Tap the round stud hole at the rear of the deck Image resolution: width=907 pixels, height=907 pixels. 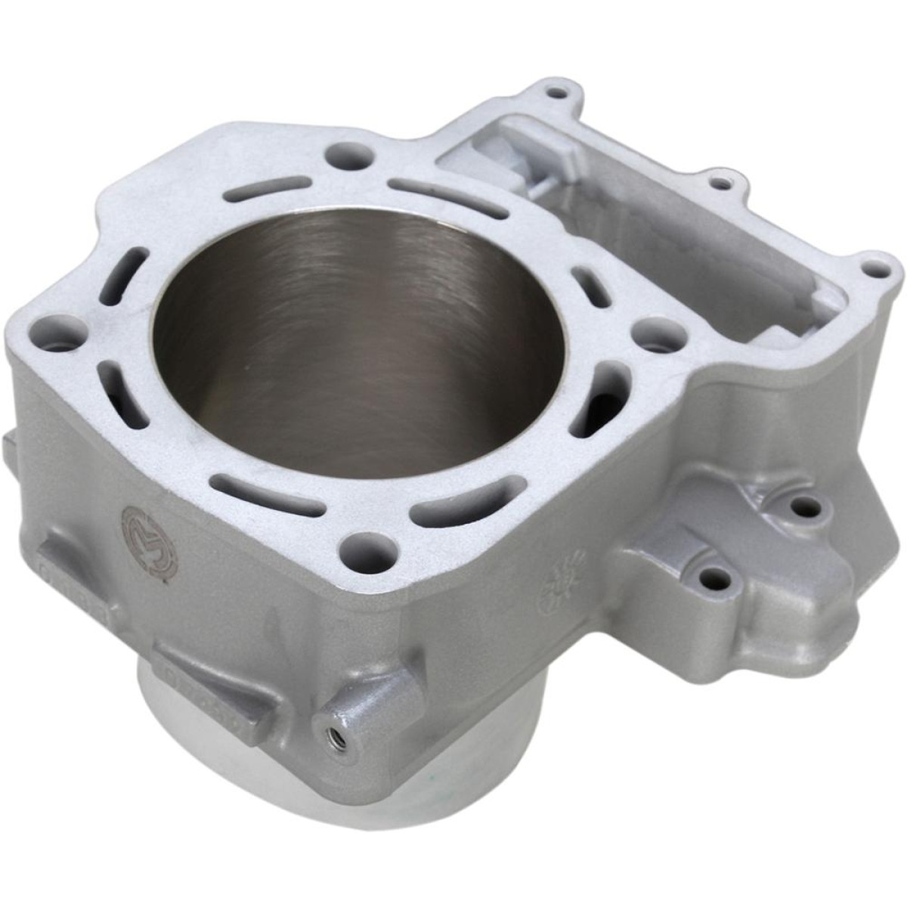[350, 154]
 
